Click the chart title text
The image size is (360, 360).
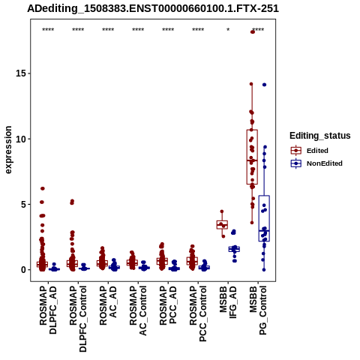click(x=153, y=9)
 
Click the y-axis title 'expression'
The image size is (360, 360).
click(x=8, y=150)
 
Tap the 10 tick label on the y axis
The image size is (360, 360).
click(x=22, y=139)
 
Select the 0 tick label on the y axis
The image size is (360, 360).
click(x=24, y=270)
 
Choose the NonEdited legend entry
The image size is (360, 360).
click(x=316, y=163)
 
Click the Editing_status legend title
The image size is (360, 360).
click(x=320, y=136)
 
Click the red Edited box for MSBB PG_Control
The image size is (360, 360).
click(x=252, y=157)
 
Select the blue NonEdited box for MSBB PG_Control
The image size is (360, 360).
click(x=264, y=218)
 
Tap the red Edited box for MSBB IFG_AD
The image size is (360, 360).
click(x=222, y=224)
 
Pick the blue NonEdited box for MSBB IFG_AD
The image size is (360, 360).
click(x=234, y=249)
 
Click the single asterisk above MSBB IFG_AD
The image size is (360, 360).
click(x=228, y=29)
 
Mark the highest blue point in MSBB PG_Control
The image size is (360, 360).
click(x=264, y=85)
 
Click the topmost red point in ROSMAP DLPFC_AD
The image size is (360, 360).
click(x=43, y=188)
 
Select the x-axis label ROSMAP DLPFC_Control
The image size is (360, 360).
click(x=78, y=319)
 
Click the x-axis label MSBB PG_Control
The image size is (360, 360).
click(x=258, y=310)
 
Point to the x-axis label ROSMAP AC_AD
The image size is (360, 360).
click(x=108, y=305)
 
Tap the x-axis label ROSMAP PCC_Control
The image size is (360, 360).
click(x=198, y=313)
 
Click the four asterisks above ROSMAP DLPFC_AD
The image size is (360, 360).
click(x=48, y=30)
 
